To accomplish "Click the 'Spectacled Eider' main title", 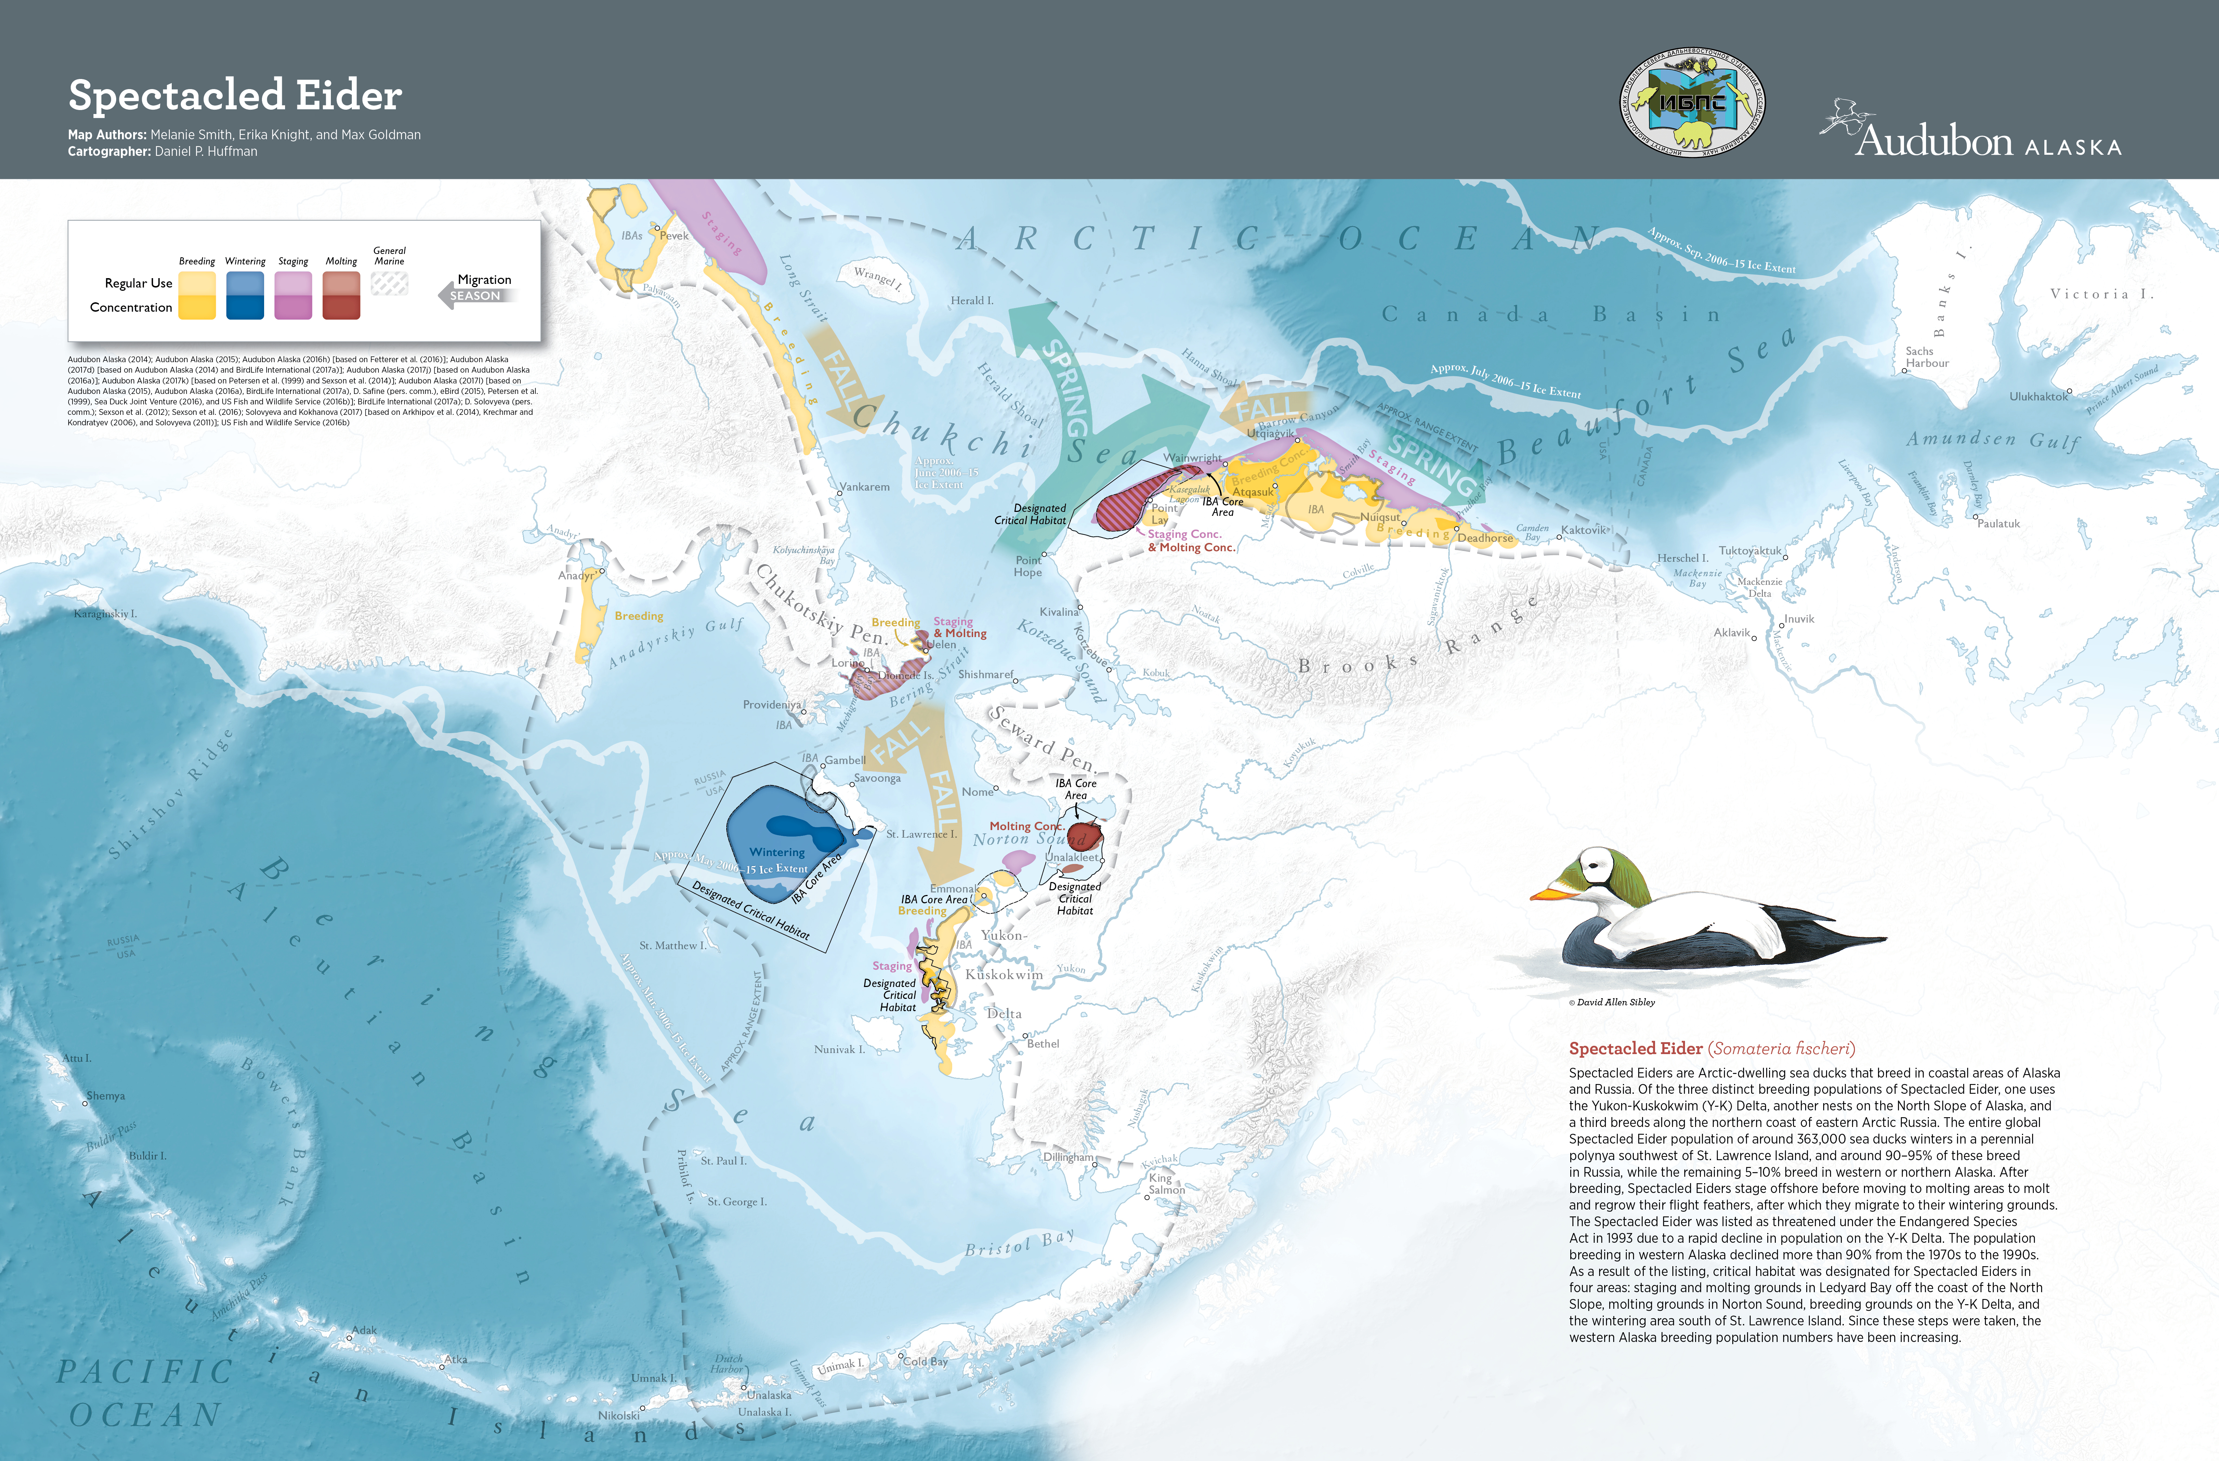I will point(235,95).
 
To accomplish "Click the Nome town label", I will point(977,791).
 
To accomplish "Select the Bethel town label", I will point(1043,1043).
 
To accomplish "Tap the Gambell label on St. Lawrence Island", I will point(845,760).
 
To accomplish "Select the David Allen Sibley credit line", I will point(1612,1002).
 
